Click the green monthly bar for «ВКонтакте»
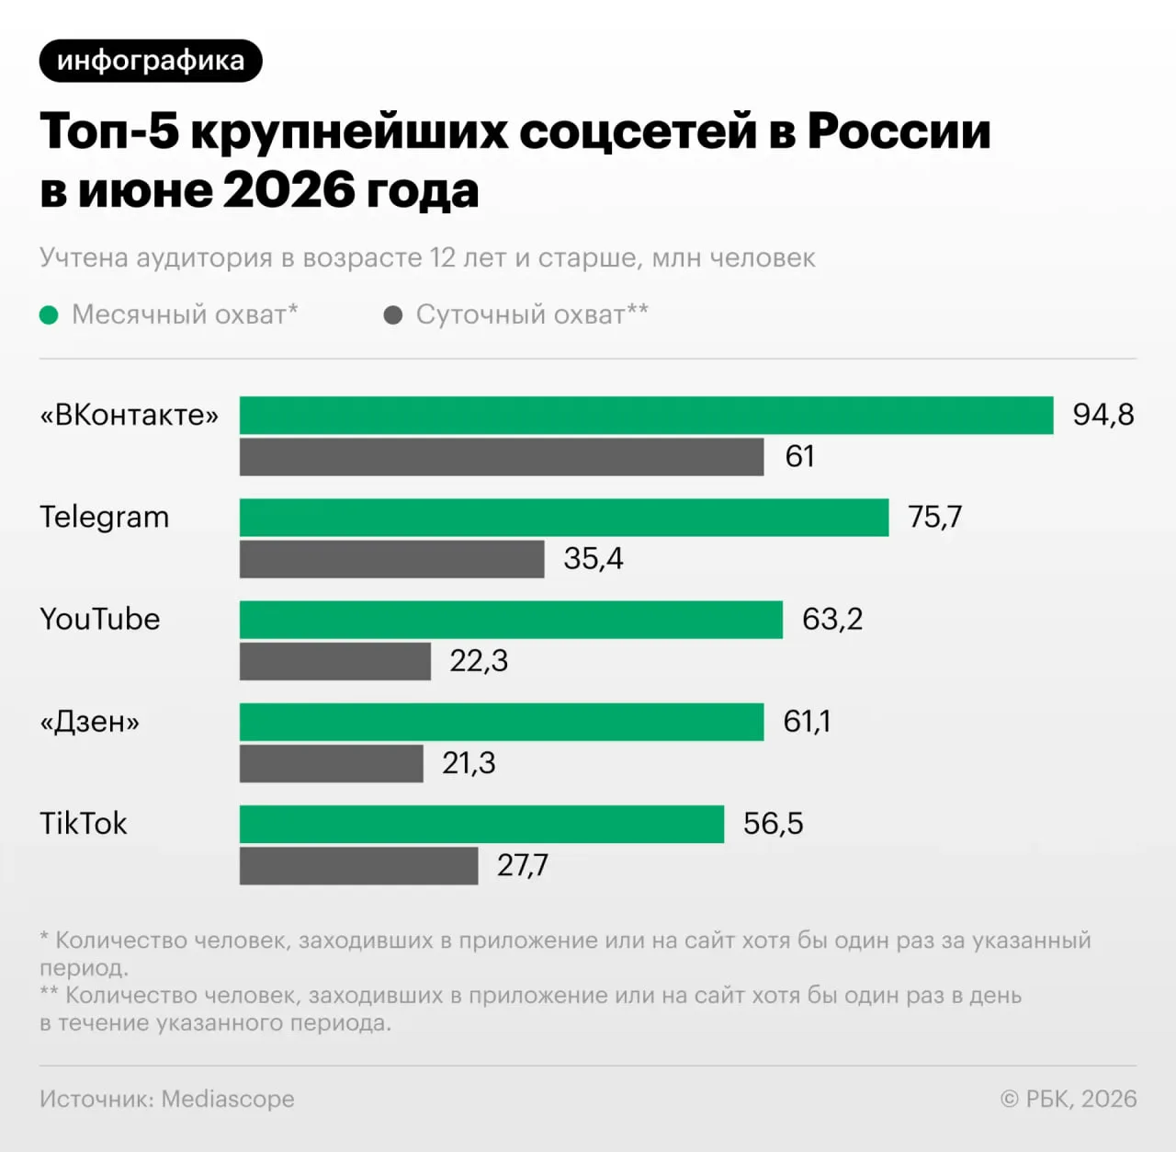(646, 416)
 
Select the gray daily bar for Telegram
(391, 559)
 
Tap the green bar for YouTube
(511, 620)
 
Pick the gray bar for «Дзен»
(332, 763)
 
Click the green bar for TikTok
(481, 824)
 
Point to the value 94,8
(1103, 415)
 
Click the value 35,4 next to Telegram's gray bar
(594, 558)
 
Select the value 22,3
(479, 661)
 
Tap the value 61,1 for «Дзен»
(806, 722)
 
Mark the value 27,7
(523, 865)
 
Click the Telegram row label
(105, 518)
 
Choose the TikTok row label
(84, 824)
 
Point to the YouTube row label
(100, 620)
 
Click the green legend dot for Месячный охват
(49, 315)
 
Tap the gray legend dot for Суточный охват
(393, 315)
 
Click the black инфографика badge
(151, 61)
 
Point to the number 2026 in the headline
(288, 189)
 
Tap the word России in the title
(899, 131)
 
